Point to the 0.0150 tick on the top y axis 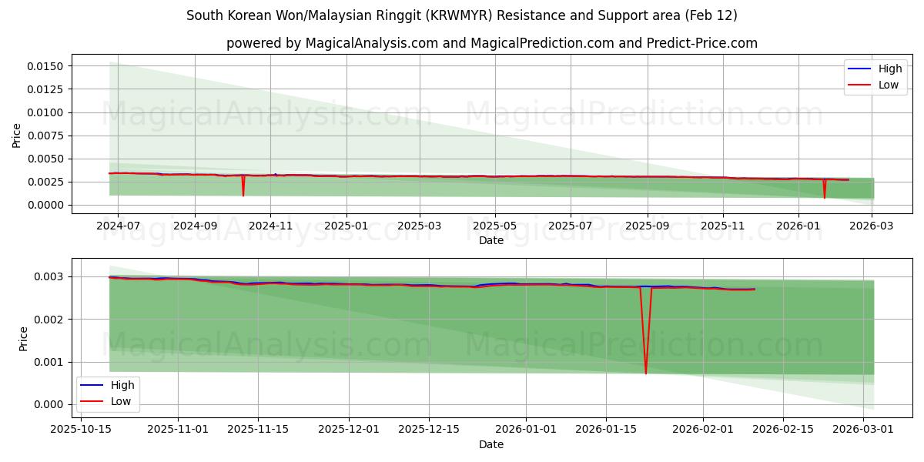[46, 66]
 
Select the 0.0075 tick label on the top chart [46, 136]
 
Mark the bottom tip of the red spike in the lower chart [646, 373]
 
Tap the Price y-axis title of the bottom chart [23, 338]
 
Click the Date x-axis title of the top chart [491, 240]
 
